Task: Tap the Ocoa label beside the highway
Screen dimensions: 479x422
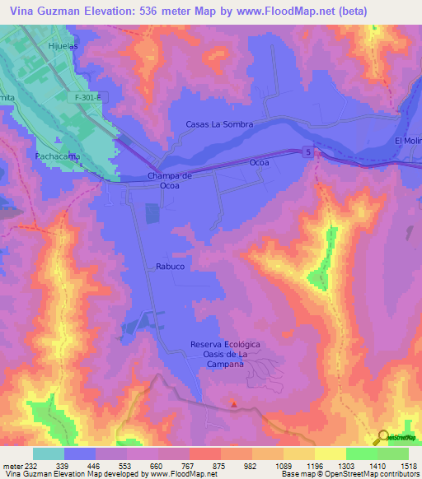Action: coord(260,163)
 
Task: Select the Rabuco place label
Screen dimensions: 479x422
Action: coord(169,267)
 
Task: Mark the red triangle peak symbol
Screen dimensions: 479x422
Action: coord(234,404)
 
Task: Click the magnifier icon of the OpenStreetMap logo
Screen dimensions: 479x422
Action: coord(382,437)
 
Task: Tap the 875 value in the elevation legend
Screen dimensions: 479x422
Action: coord(220,465)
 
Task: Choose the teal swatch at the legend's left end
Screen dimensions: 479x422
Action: coord(49,453)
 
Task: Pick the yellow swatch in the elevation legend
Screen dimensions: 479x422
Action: coord(331,453)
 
